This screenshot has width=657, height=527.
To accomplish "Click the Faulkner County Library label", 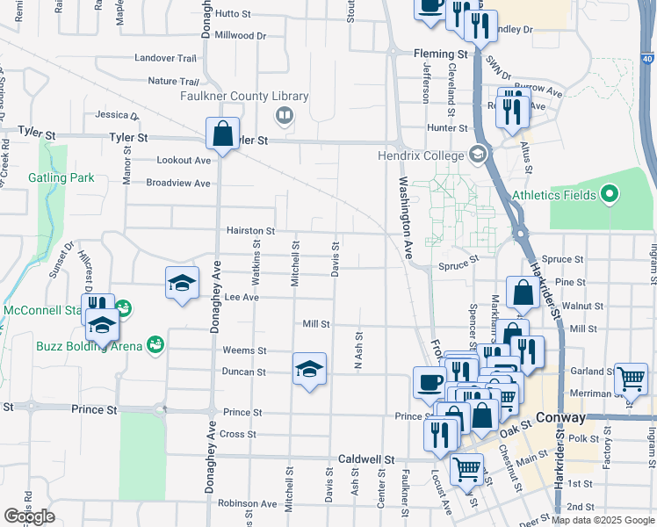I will [x=245, y=97].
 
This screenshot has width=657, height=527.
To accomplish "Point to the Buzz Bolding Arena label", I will [x=90, y=346].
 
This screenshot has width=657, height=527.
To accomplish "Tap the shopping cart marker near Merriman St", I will [x=632, y=379].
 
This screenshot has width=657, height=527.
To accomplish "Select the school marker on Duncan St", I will [x=309, y=369].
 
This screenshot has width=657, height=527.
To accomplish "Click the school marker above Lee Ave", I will [x=182, y=283].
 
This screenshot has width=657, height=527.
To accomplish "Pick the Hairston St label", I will [x=251, y=231].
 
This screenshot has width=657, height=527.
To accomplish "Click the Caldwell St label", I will [x=363, y=459].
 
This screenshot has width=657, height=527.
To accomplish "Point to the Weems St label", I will [x=244, y=350].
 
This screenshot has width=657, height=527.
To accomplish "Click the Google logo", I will [x=29, y=516].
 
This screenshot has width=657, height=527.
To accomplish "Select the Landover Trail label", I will [x=165, y=58].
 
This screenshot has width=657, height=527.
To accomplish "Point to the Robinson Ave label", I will [x=248, y=504].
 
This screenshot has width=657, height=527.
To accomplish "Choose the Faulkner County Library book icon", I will [x=285, y=115].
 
